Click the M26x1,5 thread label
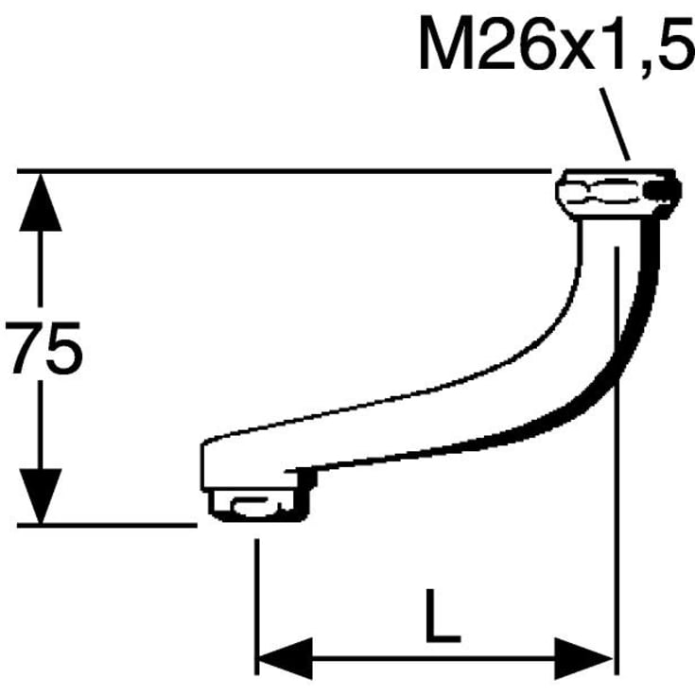(x=557, y=43)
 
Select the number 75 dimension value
(x=43, y=347)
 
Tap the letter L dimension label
(x=443, y=616)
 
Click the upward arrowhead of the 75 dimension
(x=41, y=202)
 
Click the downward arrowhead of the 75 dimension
(x=41, y=496)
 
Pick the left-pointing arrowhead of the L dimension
(x=285, y=658)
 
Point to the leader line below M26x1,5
(x=615, y=124)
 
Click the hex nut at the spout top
(x=617, y=194)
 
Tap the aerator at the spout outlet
(x=258, y=505)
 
